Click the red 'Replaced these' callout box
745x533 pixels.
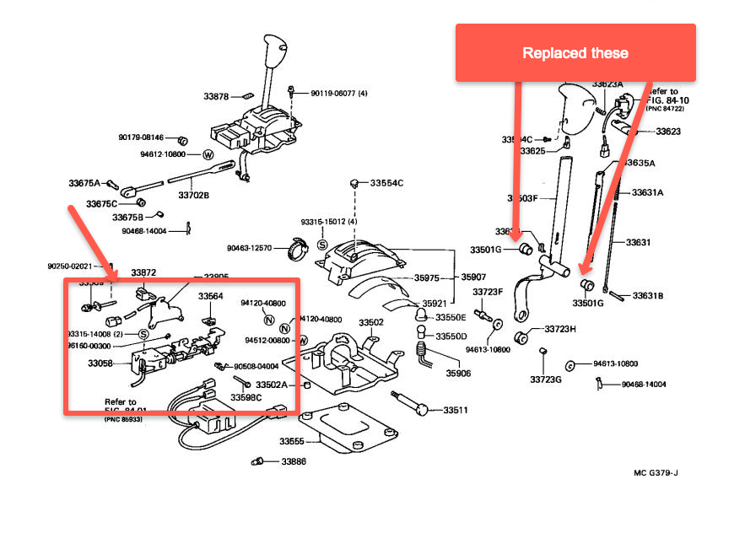tap(575, 52)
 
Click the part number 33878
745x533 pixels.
tap(217, 97)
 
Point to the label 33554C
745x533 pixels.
tap(389, 182)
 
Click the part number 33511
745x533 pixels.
tap(456, 410)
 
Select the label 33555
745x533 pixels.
tap(292, 441)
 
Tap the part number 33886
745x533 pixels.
tap(294, 462)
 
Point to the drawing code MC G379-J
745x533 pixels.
tap(656, 472)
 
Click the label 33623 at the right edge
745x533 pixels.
tap(668, 132)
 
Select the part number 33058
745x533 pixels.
tap(100, 363)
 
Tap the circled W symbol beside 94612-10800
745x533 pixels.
tap(207, 155)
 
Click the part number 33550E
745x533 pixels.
tap(451, 317)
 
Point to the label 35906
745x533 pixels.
tap(458, 372)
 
